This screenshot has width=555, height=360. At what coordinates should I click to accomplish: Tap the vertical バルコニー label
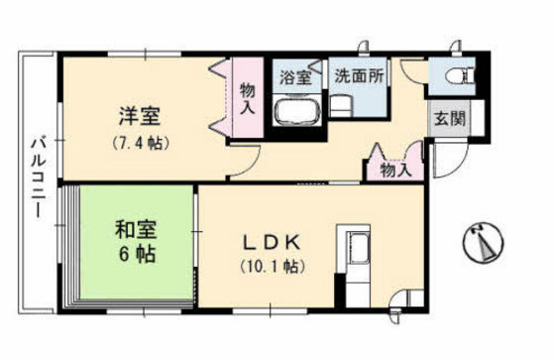[x=41, y=179]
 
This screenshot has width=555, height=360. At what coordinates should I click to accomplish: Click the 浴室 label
[x=294, y=75]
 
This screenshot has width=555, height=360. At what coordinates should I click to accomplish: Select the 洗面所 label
[x=360, y=75]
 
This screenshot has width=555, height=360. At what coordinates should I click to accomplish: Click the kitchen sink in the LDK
[x=356, y=250]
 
